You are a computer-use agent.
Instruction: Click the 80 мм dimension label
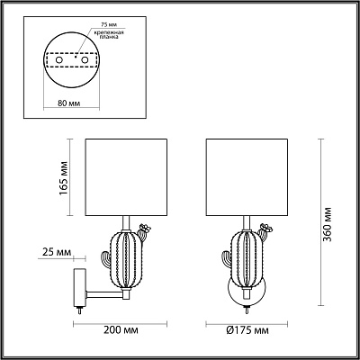point(68,103)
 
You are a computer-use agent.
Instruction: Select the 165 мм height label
point(64,177)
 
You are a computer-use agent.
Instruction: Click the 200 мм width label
point(121,330)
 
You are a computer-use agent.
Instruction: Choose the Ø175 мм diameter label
point(247,330)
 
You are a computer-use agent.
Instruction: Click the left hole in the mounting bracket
point(59,60)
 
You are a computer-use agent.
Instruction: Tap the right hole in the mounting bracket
point(85,60)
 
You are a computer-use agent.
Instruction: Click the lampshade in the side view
point(126,177)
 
